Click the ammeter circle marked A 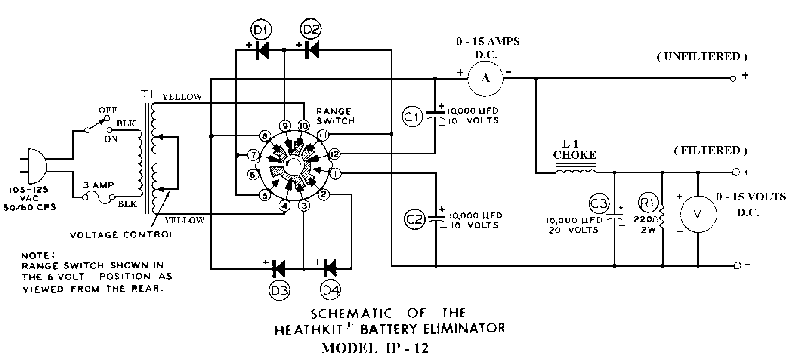[x=485, y=78]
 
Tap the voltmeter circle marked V [x=698, y=215]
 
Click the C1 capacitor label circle [x=412, y=117]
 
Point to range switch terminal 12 [x=334, y=154]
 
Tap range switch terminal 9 [x=284, y=125]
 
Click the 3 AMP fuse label [x=99, y=185]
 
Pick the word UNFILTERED [x=701, y=56]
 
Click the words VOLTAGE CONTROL [x=123, y=235]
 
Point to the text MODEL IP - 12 [x=375, y=348]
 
